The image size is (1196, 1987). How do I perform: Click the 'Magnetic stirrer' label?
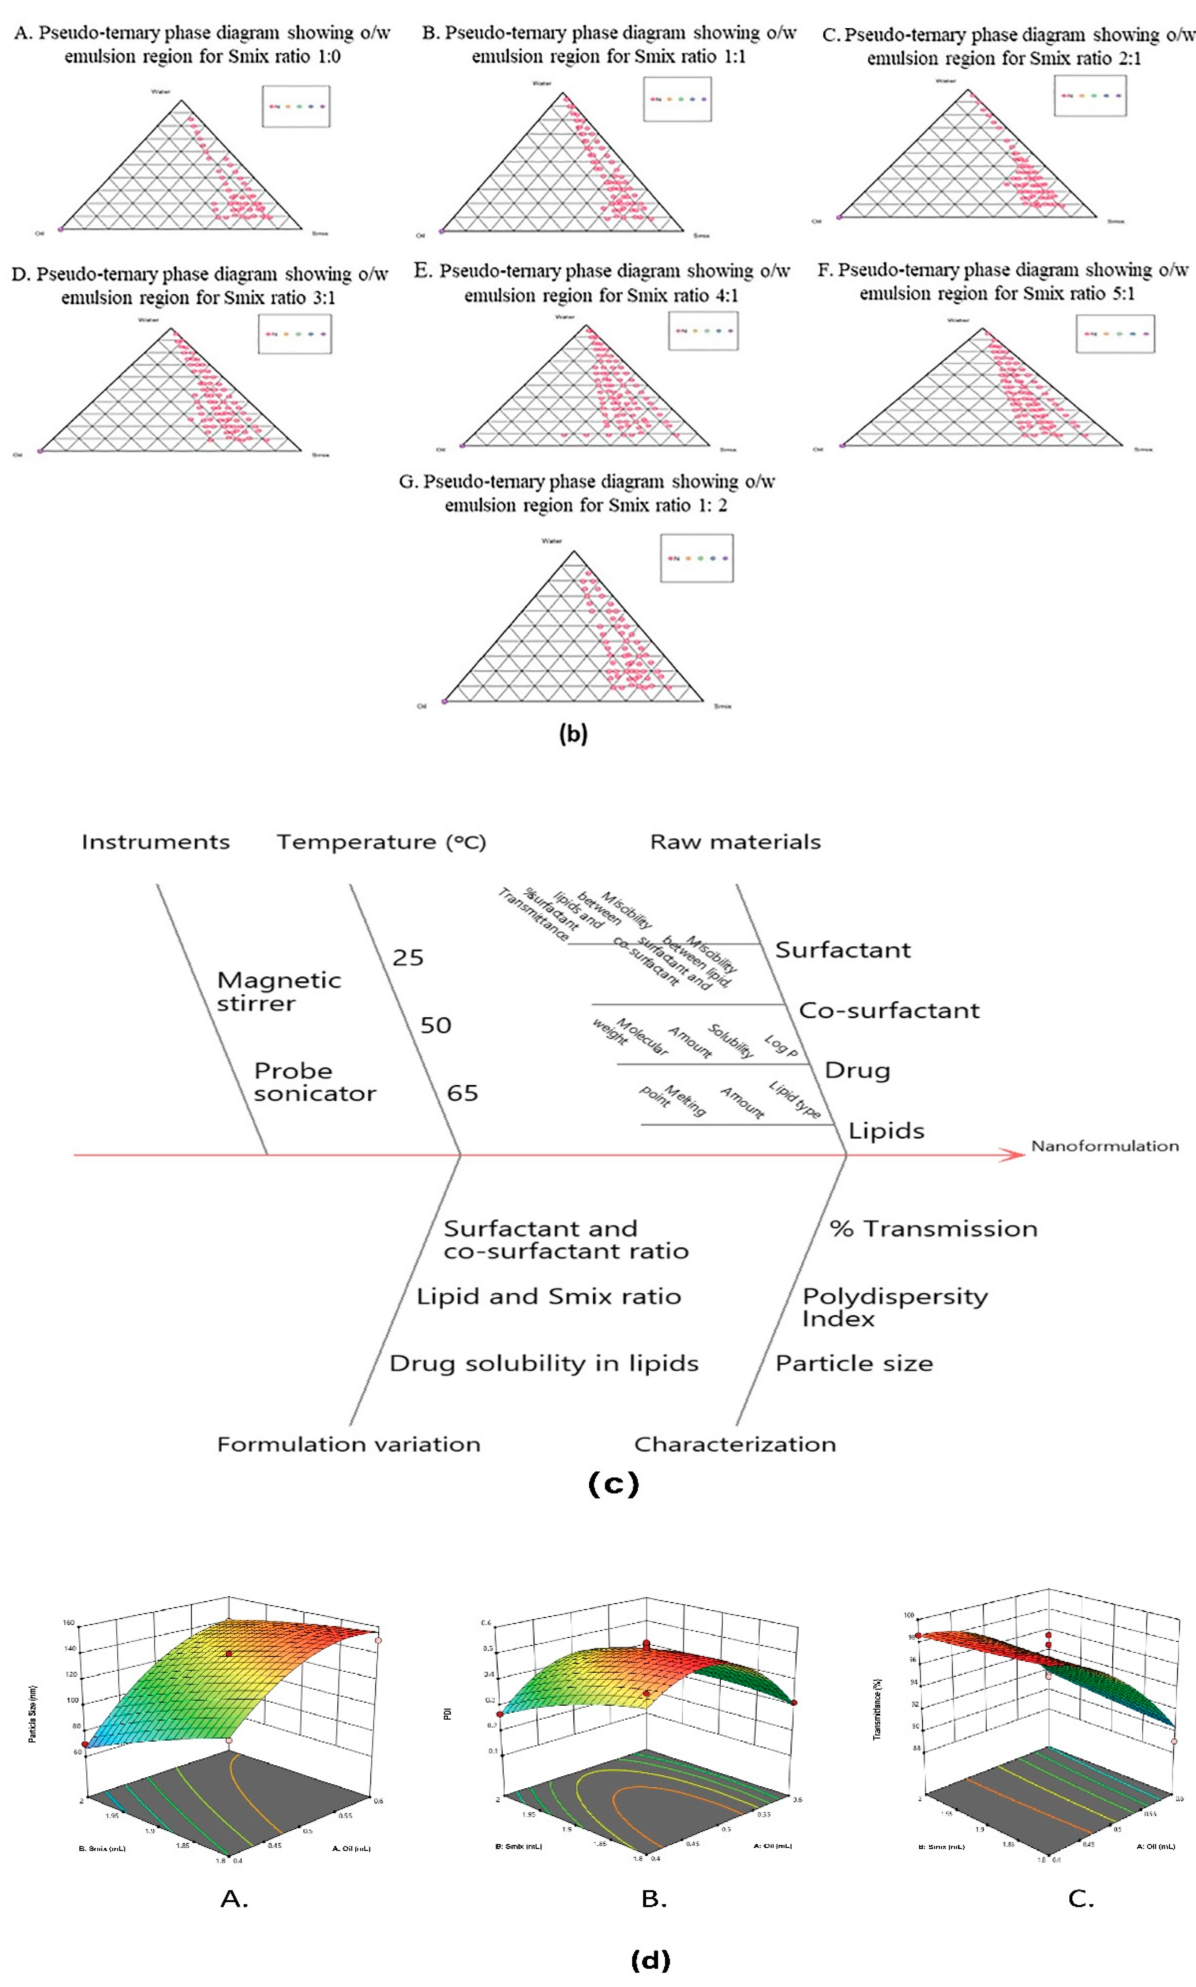pyautogui.click(x=279, y=991)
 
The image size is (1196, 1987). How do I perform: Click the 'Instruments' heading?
pyautogui.click(x=155, y=842)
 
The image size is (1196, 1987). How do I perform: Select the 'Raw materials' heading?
pyautogui.click(x=735, y=842)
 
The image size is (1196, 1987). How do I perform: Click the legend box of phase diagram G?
pyautogui.click(x=696, y=557)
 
